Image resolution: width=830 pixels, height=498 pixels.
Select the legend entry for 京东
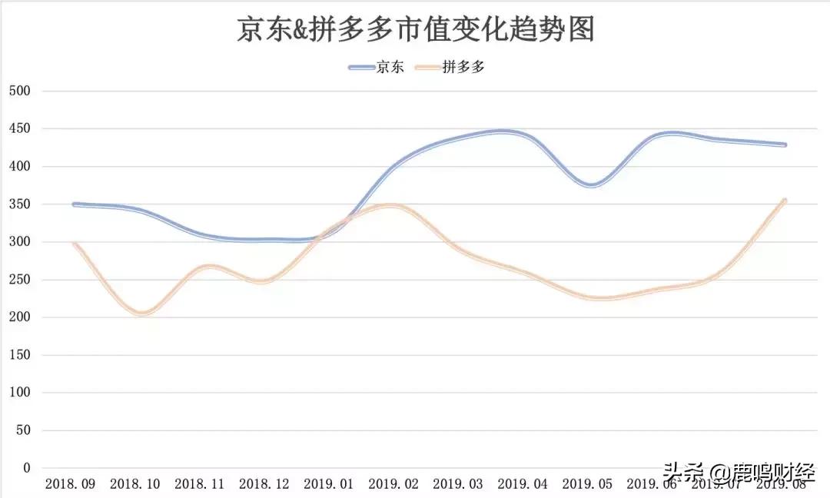pos(376,68)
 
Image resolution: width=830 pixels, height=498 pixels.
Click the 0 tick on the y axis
pos(26,468)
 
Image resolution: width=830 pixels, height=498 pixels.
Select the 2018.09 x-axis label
pos(71,484)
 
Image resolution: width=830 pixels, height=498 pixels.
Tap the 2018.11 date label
pos(200,484)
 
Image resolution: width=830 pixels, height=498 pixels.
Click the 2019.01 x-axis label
pos(329,484)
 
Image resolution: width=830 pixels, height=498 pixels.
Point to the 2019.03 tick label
pos(458,484)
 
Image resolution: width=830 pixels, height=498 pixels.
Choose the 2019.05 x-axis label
pos(587,484)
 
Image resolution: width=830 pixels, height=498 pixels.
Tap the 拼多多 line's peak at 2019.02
pos(392,206)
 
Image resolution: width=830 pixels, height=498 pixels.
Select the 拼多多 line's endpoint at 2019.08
pos(785,201)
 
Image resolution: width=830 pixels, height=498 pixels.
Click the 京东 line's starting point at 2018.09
pos(74,204)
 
